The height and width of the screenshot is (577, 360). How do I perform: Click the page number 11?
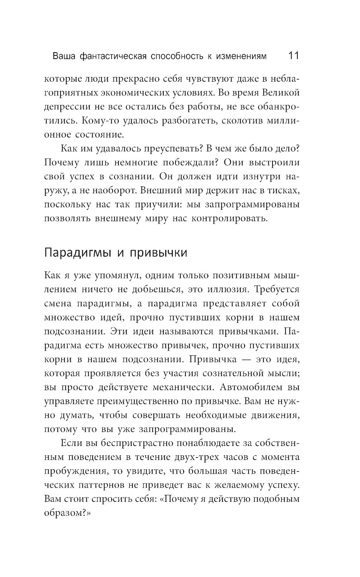point(293,56)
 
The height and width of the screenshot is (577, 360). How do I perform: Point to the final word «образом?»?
point(67,513)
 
